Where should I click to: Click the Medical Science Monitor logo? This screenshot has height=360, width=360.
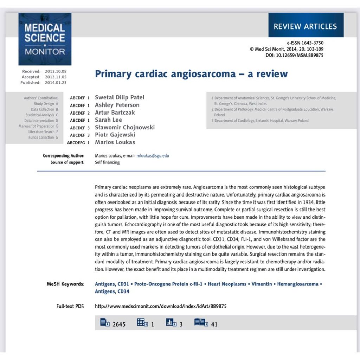(x=45, y=39)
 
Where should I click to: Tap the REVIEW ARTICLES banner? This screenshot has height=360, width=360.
(x=306, y=26)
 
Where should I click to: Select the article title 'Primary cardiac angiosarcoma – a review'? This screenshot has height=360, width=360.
(x=191, y=74)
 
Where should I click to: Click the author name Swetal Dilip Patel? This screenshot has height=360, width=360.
(x=120, y=97)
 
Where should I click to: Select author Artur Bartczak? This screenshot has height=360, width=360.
(x=115, y=112)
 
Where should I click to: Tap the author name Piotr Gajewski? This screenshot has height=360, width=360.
(x=115, y=135)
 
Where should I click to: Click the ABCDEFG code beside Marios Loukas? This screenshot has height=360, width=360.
(x=76, y=143)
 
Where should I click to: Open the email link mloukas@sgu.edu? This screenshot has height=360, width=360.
(x=153, y=155)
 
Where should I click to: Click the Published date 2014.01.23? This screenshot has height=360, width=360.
(x=56, y=83)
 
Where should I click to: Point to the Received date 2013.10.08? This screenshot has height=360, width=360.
(x=56, y=71)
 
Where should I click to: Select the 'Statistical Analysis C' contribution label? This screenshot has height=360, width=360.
(x=41, y=115)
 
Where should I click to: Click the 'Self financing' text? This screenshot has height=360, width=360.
(x=107, y=162)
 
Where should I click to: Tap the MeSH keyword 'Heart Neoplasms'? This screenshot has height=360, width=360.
(x=227, y=284)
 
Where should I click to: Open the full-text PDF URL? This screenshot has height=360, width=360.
(x=161, y=306)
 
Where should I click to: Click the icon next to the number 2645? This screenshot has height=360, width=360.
(x=105, y=322)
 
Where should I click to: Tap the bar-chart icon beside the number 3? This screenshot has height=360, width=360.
(x=171, y=322)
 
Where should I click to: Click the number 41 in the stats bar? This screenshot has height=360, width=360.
(x=214, y=324)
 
